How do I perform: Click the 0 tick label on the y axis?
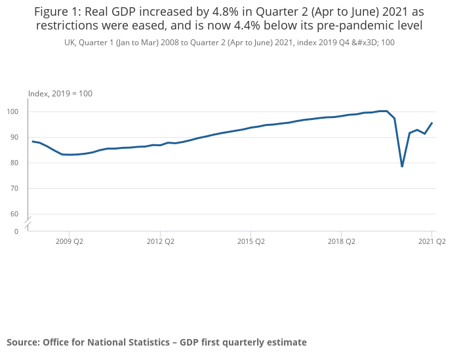pos(16,231)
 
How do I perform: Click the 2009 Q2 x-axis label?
pos(70,241)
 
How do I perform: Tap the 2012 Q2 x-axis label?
pos(160,241)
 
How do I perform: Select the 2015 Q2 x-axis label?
pos(250,241)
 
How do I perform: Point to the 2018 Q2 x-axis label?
pos(341,241)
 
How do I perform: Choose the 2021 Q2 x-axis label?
pos(431,241)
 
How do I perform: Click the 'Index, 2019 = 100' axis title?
pos(60,94)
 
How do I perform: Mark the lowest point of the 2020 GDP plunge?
pos(402,167)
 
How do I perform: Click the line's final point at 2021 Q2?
pos(431,123)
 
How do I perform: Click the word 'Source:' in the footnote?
pos(23,342)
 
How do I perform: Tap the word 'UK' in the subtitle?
pos(70,43)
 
